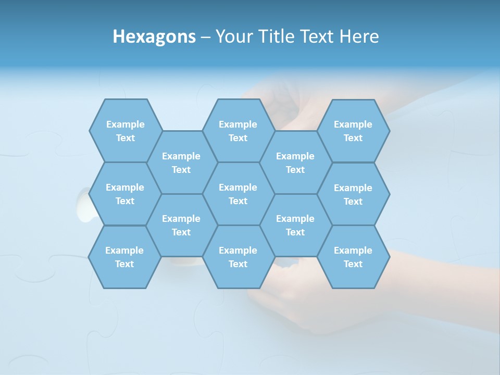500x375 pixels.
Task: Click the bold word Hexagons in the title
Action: [154, 36]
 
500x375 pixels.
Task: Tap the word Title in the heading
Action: [276, 36]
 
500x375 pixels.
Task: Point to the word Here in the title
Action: [359, 36]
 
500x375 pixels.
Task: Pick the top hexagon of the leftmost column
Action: [125, 131]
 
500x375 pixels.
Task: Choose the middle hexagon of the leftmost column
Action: [125, 194]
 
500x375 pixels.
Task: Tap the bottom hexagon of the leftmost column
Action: [124, 257]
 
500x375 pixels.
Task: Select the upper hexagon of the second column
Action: [181, 162]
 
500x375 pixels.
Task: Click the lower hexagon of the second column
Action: [181, 225]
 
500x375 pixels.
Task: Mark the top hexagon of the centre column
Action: [238, 131]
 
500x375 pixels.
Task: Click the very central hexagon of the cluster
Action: [238, 194]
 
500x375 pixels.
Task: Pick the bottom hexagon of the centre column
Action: [238, 257]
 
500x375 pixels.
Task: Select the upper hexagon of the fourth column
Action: [295, 162]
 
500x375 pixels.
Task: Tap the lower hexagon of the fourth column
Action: [295, 225]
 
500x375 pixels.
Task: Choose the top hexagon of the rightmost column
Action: [353, 131]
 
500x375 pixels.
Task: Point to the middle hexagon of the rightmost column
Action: [353, 194]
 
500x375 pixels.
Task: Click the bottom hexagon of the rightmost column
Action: [353, 257]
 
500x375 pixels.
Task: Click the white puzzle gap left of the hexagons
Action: [83, 206]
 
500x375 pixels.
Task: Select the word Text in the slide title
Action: [317, 36]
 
